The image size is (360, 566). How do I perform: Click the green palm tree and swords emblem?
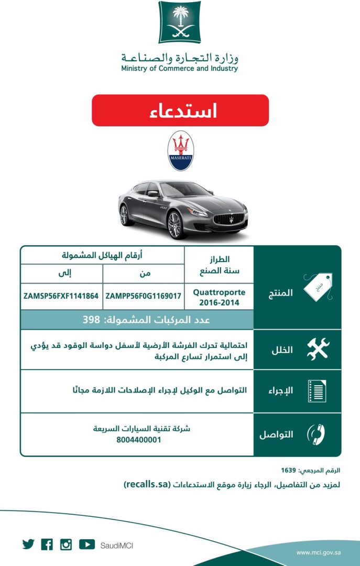pos(179,22)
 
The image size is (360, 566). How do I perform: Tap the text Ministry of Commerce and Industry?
pos(179,68)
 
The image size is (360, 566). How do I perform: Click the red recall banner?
pos(180,111)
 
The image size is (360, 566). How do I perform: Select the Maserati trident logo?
pos(180,151)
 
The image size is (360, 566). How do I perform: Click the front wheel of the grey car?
pos(174,225)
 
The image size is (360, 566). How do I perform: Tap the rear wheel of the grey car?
pos(125,215)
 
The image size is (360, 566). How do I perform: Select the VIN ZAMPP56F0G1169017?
pos(144,296)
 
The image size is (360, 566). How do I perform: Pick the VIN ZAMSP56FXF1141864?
pos(61,296)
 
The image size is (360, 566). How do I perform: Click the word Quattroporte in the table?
pos(219,292)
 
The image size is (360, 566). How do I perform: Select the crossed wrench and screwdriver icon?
pos(317,350)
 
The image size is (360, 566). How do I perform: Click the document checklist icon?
pos(317,391)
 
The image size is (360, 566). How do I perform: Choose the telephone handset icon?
pos(317,434)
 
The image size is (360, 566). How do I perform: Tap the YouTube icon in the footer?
pos(87,545)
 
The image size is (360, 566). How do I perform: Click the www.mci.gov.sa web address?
pos(319,552)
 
